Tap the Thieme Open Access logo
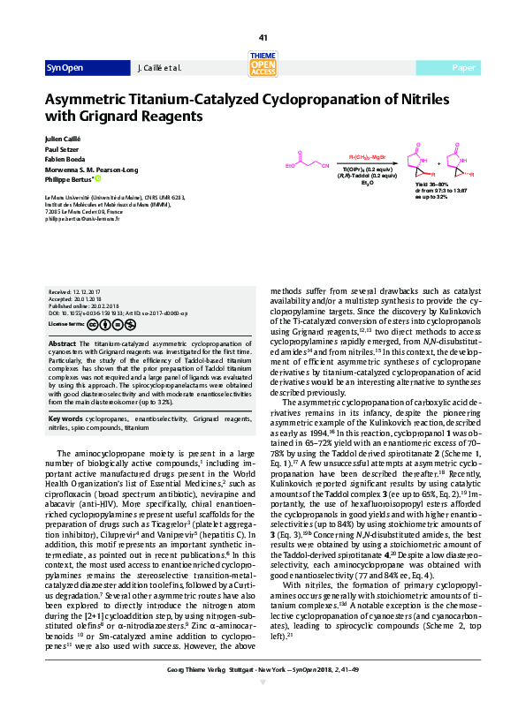pos(263,64)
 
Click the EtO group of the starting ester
pos(290,163)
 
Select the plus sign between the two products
pos(438,162)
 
